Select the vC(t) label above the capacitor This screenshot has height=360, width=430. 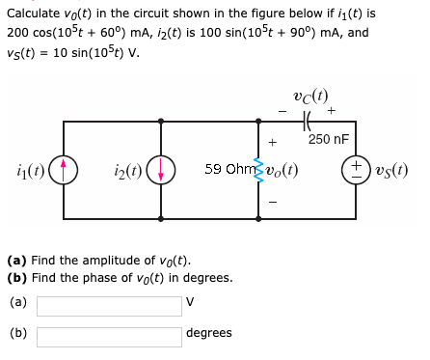pyautogui.click(x=309, y=97)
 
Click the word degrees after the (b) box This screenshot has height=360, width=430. pyautogui.click(x=208, y=333)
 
